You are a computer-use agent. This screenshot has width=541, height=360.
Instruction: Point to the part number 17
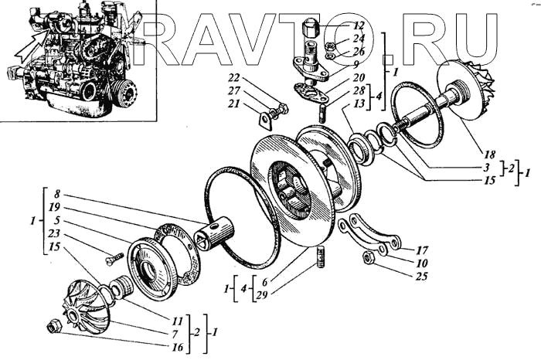click(421, 250)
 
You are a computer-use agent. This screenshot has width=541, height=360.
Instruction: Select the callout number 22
click(234, 77)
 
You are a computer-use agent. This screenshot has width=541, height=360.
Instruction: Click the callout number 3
click(465, 166)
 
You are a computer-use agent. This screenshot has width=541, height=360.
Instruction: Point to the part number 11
click(178, 319)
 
